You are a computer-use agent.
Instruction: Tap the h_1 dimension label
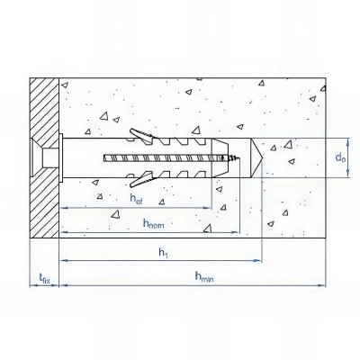[x=163, y=253]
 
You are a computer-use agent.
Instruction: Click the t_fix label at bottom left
[x=42, y=280]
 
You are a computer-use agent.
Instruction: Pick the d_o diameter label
[x=339, y=158]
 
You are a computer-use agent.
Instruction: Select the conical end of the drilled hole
[x=256, y=158]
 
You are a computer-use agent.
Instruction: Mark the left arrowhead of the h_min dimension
[x=62, y=285]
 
